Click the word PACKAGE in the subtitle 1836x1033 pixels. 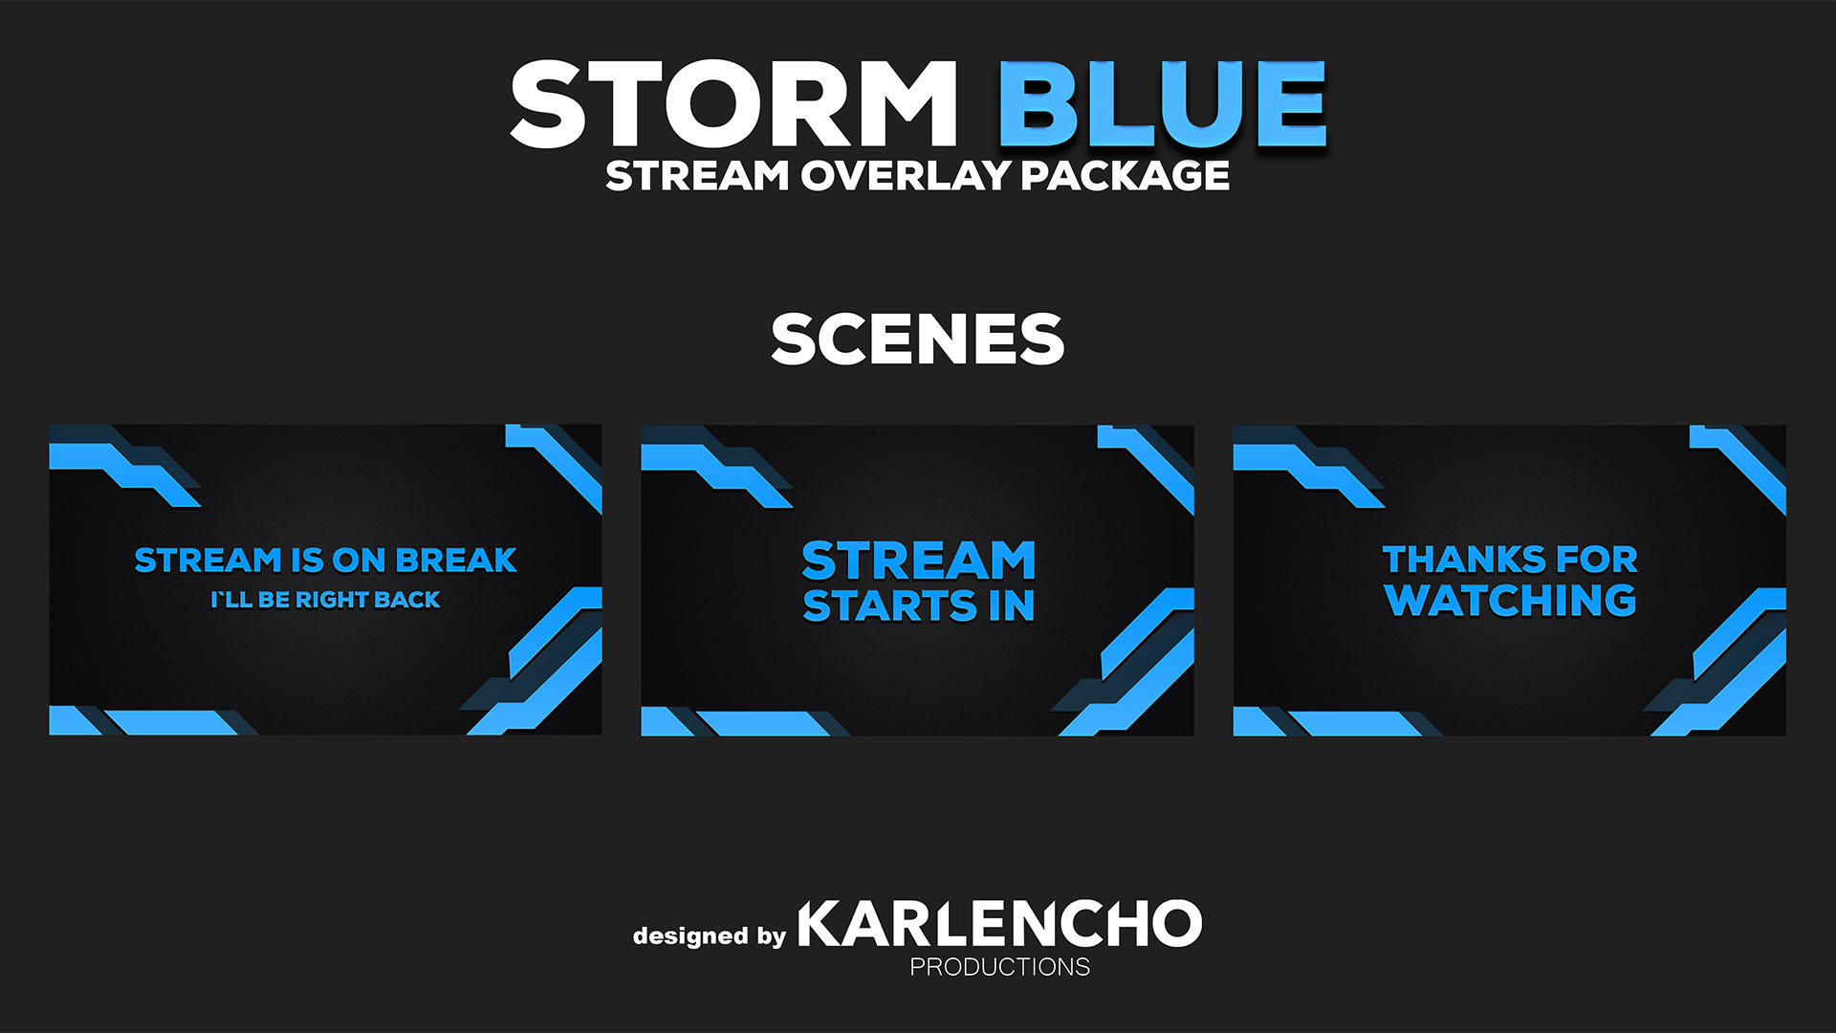pyautogui.click(x=1125, y=175)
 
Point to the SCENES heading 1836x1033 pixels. pyautogui.click(x=917, y=339)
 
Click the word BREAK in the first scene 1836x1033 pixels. pyautogui.click(x=456, y=560)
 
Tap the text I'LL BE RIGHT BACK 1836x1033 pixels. pyautogui.click(x=325, y=600)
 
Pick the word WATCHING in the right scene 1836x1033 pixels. pyautogui.click(x=1510, y=600)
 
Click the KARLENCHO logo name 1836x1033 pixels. pyautogui.click(x=999, y=923)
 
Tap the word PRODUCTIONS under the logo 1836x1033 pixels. pyautogui.click(x=999, y=967)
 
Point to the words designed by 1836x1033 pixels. pyautogui.click(x=709, y=934)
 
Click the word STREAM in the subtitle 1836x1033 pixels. pyautogui.click(x=697, y=175)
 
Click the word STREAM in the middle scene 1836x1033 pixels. pyautogui.click(x=918, y=560)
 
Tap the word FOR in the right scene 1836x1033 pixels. pyautogui.click(x=1596, y=559)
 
